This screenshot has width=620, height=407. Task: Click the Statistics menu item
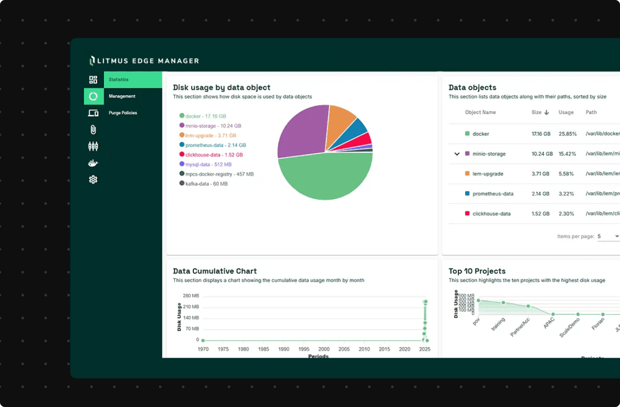pos(119,80)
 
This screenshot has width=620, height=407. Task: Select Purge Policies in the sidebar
pos(123,113)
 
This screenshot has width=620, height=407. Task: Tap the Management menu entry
pos(122,96)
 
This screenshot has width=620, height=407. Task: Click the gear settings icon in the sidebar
pos(93,180)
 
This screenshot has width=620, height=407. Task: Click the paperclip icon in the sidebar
pos(93,129)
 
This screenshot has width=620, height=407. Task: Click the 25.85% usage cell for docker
pos(568,134)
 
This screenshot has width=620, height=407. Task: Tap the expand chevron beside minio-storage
pos(457,154)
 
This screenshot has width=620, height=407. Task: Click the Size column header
pos(537,112)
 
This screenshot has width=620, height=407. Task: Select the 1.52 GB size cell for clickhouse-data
pos(540,214)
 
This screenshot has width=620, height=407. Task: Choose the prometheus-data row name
pos(493,194)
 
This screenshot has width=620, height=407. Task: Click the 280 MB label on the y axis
pos(191,296)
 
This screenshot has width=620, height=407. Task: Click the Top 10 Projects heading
pos(477,271)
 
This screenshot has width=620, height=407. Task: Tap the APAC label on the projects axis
pos(549,324)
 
